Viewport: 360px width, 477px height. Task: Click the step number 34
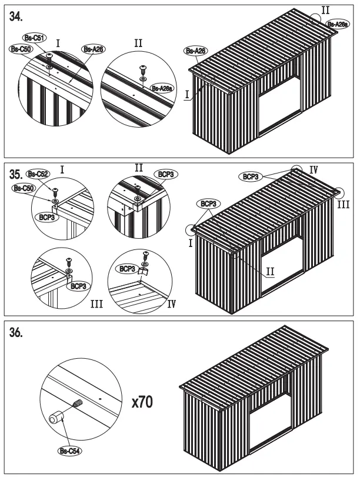tap(17, 18)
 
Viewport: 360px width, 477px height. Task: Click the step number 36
tap(17, 333)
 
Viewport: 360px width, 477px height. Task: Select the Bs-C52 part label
tap(39, 174)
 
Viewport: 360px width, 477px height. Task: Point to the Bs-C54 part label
tap(70, 451)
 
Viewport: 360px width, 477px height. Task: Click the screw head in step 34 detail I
tap(50, 56)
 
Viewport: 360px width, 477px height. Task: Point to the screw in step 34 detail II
tap(142, 69)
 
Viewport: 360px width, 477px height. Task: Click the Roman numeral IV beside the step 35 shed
tap(314, 169)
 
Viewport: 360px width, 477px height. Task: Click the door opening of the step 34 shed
tap(279, 106)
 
